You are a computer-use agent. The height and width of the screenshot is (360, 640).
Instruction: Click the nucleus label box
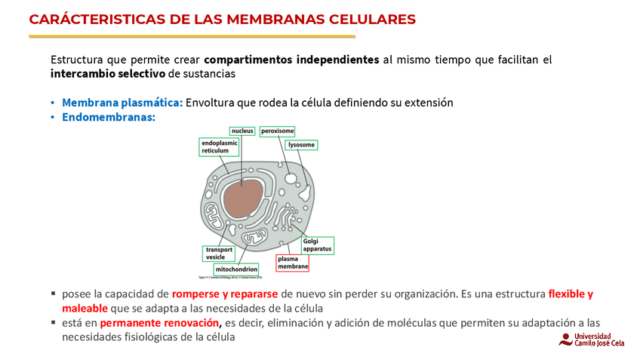click(x=242, y=131)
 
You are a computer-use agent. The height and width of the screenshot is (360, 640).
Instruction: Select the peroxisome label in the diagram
click(x=278, y=131)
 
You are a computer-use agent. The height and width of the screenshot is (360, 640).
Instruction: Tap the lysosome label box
click(x=302, y=144)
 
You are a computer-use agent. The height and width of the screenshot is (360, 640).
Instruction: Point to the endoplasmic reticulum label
click(x=220, y=146)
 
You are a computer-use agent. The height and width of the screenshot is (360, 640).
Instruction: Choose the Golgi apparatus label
click(x=317, y=245)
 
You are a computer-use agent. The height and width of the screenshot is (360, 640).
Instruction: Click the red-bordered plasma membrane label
click(x=292, y=262)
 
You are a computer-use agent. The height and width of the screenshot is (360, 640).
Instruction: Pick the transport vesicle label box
click(x=220, y=253)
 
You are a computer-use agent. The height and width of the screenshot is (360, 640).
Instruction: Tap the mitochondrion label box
click(x=236, y=269)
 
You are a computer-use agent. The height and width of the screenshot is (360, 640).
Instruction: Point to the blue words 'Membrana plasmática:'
click(x=122, y=103)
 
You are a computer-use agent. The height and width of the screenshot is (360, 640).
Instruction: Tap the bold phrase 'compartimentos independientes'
click(x=291, y=59)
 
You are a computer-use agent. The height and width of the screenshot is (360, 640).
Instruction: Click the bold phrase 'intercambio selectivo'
click(x=109, y=74)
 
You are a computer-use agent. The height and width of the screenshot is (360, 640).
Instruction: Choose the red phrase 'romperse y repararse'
click(x=225, y=294)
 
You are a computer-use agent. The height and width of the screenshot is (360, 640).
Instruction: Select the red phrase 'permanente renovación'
click(x=160, y=323)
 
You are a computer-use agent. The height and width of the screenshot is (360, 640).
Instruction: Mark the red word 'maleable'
click(x=85, y=308)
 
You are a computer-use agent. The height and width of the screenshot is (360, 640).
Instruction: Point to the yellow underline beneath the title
click(x=192, y=36)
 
